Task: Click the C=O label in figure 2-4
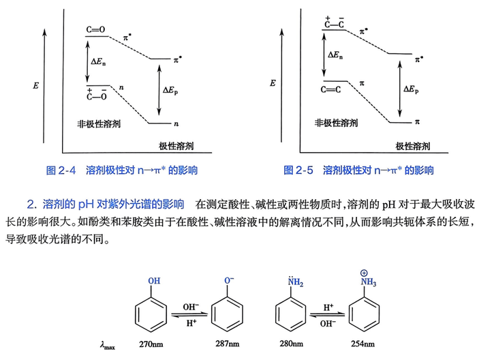tap(95, 29)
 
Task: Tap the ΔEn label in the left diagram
tap(98, 61)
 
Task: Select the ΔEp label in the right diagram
tap(411, 89)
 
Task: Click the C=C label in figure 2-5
tap(330, 89)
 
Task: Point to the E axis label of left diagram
tap(36, 86)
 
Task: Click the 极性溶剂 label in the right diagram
tap(412, 146)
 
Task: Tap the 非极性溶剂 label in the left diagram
tap(99, 124)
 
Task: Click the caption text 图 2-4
tap(61, 170)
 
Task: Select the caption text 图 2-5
tap(298, 170)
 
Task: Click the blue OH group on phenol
tap(154, 281)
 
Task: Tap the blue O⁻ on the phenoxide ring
tap(229, 280)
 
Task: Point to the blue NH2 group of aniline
tap(295, 282)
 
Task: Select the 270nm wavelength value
tap(151, 344)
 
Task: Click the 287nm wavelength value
tap(227, 344)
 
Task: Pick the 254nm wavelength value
tap(363, 344)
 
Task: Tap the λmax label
tap(107, 346)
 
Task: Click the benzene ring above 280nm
tap(290, 314)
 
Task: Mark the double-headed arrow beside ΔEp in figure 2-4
tap(159, 90)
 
